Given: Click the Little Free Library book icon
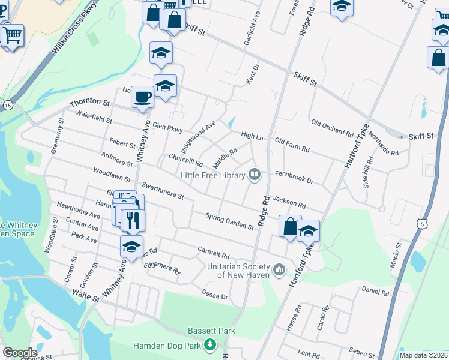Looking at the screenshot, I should click(255, 175).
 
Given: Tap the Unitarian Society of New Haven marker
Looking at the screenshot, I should click(279, 270).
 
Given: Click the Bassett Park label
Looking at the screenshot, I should click(203, 331).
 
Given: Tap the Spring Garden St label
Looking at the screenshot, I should click(229, 221).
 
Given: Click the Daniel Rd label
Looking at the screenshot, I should click(376, 292).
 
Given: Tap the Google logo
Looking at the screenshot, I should click(20, 353).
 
